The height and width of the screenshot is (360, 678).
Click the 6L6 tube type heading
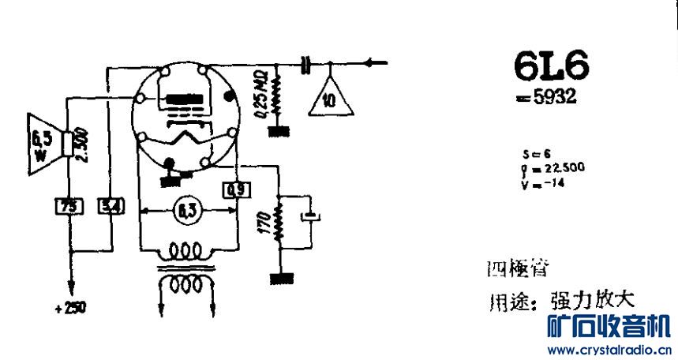pos(551,69)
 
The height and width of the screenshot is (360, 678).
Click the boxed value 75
pos(68,207)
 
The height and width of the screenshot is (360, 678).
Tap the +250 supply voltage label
pos(70,308)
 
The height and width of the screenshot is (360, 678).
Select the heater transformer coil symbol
pos(186,268)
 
